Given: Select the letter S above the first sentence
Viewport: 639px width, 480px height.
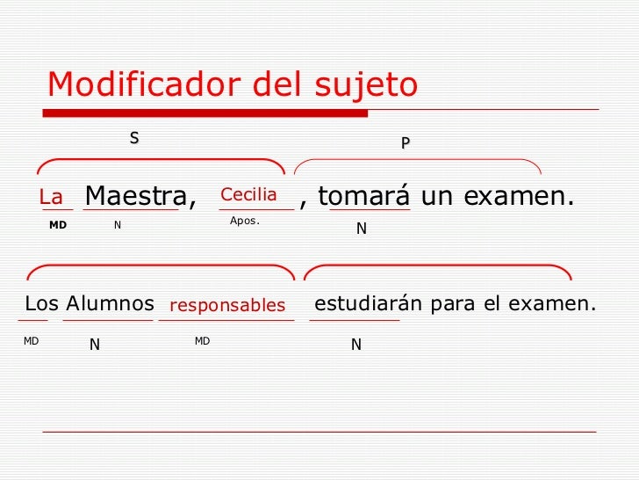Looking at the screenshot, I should point(134,138).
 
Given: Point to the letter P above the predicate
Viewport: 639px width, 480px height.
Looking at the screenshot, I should point(405,142).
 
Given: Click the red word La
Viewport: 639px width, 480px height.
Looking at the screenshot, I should point(52,199).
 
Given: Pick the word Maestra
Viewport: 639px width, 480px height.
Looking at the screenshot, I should point(136,196).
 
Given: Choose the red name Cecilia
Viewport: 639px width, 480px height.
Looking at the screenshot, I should point(248,194).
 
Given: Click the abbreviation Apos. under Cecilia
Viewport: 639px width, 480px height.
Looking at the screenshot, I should point(244,221).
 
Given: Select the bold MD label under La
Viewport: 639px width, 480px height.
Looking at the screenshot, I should point(58,225).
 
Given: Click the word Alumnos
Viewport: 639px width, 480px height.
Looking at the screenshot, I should point(111,304).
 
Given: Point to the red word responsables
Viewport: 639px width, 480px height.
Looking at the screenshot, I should point(227,306).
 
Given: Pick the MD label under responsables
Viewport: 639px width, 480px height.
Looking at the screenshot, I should point(202,340).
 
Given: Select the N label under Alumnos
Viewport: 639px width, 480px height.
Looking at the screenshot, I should point(95,345).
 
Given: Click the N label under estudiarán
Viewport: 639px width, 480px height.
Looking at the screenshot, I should point(355,345).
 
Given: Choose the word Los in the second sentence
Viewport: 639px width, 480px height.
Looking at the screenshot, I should point(41,304).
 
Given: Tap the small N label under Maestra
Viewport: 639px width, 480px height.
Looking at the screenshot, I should point(118,225).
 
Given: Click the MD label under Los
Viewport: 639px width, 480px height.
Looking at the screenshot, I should point(32,340).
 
